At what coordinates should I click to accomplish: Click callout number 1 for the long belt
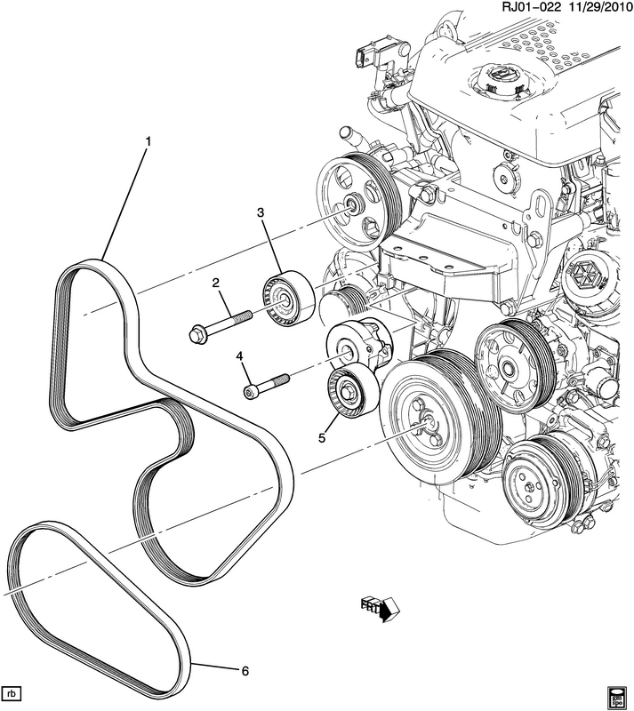pyautogui.click(x=149, y=141)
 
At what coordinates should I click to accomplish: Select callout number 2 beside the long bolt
pyautogui.click(x=215, y=283)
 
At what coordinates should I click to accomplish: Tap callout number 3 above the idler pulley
pyautogui.click(x=261, y=212)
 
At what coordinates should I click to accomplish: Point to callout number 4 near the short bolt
pyautogui.click(x=239, y=357)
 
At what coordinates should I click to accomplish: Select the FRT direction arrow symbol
pyautogui.click(x=381, y=608)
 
